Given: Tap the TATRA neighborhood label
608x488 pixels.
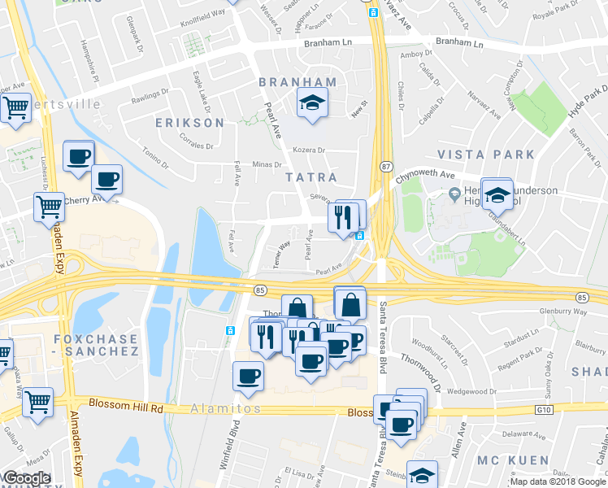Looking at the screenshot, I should [310, 176].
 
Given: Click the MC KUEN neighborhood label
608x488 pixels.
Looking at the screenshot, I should [514, 460].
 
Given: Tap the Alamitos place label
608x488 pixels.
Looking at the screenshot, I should [227, 408].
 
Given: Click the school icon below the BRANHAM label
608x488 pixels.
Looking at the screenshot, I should [310, 104].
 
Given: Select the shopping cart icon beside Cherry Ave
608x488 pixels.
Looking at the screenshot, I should [50, 206].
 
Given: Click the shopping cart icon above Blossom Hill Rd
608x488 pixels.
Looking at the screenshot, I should [38, 401].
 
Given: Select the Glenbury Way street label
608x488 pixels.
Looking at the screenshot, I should [563, 312].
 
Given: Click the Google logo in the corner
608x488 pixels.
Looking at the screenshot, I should [27, 478].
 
